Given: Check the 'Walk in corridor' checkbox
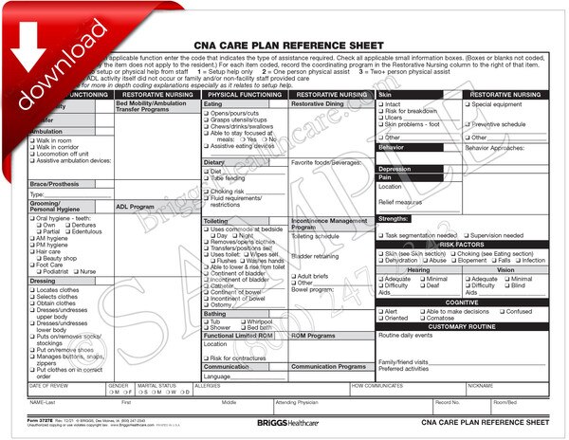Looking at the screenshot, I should click(x=32, y=147).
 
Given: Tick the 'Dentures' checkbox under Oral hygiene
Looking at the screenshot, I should click(x=71, y=224).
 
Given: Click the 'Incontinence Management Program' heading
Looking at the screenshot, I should click(x=329, y=224).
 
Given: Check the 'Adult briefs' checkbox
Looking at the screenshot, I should click(x=294, y=276).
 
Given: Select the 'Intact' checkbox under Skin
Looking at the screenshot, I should click(x=381, y=104).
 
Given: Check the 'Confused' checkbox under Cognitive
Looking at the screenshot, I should click(x=502, y=311).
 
